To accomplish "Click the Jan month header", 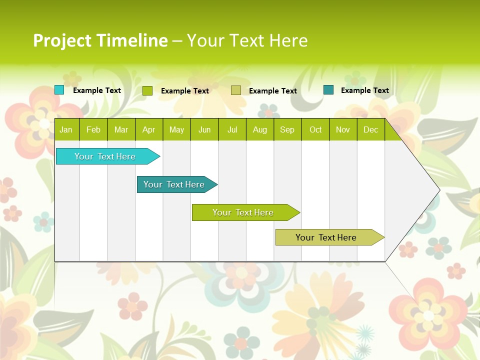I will point(66,129).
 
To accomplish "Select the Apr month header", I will point(148,129).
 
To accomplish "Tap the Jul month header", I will point(232,129).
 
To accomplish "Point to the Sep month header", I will point(287,129).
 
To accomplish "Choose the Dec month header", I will point(370,129).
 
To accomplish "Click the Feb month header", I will point(93,129).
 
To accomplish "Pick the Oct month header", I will point(315,129).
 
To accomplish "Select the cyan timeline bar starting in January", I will point(105,156).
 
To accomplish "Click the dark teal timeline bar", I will point(174,184).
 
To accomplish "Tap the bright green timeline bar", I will point(243,212).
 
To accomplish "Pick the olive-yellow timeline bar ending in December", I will point(326,237).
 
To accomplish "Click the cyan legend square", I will point(59,90).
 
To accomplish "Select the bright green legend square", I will point(147,90).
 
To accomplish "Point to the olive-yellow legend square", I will point(236,90).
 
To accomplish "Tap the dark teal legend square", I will point(328,90).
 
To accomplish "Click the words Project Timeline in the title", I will point(100,40).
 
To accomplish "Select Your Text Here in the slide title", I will point(247,40).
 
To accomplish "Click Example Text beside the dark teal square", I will point(364,90).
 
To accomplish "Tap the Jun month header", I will point(204,129).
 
